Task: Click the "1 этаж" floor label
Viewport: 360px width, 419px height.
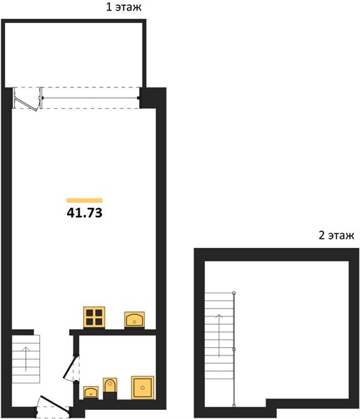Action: tap(124, 7)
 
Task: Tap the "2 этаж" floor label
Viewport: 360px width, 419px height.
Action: tap(336, 235)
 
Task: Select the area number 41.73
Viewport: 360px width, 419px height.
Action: tap(85, 213)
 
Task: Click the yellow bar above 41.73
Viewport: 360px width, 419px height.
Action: tap(85, 200)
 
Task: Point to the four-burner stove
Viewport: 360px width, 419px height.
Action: tap(94, 317)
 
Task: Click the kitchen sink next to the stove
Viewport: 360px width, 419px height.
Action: tap(134, 320)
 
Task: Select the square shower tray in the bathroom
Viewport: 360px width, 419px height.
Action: tap(143, 388)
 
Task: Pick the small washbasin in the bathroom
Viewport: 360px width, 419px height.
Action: tap(91, 392)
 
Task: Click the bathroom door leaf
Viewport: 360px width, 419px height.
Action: tap(70, 367)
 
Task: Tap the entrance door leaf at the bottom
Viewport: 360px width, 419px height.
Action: tap(55, 403)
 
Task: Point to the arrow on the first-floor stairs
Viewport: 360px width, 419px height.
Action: tap(26, 359)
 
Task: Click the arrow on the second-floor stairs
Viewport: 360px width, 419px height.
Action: tap(219, 336)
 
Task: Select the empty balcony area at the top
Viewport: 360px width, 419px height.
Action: tap(74, 54)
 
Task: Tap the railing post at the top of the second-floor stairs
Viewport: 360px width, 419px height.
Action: tap(234, 293)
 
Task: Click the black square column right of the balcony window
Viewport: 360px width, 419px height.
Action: tap(147, 98)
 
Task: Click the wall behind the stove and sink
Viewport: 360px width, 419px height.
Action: tap(113, 332)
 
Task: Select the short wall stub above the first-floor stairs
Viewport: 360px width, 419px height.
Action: tap(23, 332)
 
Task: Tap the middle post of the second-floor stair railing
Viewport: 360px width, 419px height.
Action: tap(234, 349)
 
